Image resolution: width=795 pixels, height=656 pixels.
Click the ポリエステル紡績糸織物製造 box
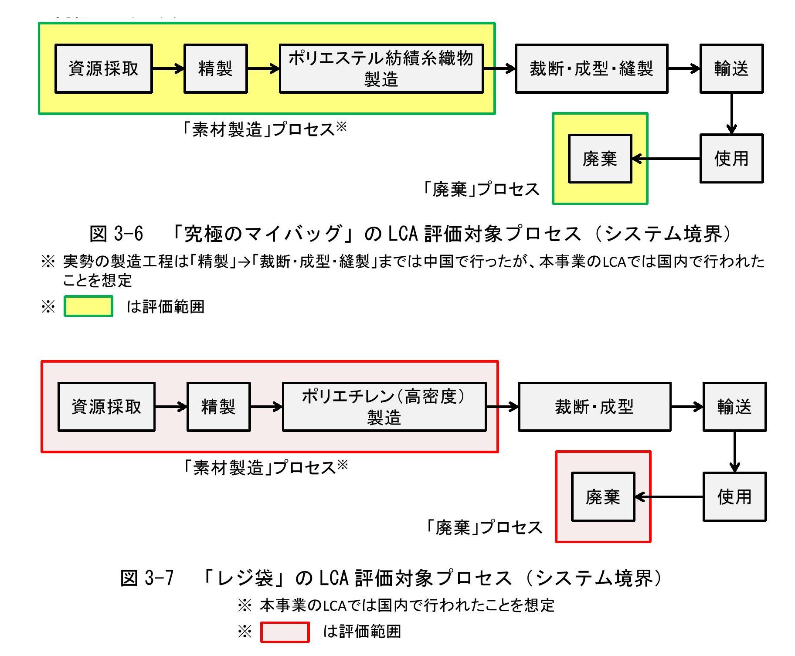pyautogui.click(x=381, y=68)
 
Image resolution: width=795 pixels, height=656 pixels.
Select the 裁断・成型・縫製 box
pyautogui.click(x=591, y=68)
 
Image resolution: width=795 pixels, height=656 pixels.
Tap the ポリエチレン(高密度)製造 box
pyautogui.click(x=384, y=407)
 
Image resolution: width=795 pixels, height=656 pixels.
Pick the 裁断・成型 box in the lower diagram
pyautogui.click(x=594, y=407)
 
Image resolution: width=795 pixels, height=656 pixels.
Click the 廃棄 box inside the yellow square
pyautogui.click(x=600, y=159)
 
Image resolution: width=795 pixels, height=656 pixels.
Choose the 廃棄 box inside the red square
pyautogui.click(x=603, y=496)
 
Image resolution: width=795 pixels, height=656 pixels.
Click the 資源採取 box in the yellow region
pyautogui.click(x=103, y=68)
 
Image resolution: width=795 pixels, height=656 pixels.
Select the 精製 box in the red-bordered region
pyautogui.click(x=218, y=407)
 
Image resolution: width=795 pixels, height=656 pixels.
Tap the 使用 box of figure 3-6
pyautogui.click(x=731, y=159)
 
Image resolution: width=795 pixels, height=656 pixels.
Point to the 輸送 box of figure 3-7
pyautogui.click(x=734, y=407)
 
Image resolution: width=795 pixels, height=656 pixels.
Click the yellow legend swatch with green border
pyautogui.click(x=88, y=306)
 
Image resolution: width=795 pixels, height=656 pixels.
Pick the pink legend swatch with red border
pyautogui.click(x=285, y=632)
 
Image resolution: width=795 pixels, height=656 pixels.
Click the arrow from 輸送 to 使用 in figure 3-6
pyautogui.click(x=731, y=113)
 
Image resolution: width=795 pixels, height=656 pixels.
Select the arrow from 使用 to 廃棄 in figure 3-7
pyautogui.click(x=669, y=496)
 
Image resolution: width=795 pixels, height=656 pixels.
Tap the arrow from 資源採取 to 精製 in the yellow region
pyautogui.click(x=168, y=68)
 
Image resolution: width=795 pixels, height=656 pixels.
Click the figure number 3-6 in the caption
pyautogui.click(x=129, y=234)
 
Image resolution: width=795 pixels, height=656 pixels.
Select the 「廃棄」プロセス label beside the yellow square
pyautogui.click(x=482, y=189)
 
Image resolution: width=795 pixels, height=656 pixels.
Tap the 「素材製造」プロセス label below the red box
pyautogui.click(x=259, y=468)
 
